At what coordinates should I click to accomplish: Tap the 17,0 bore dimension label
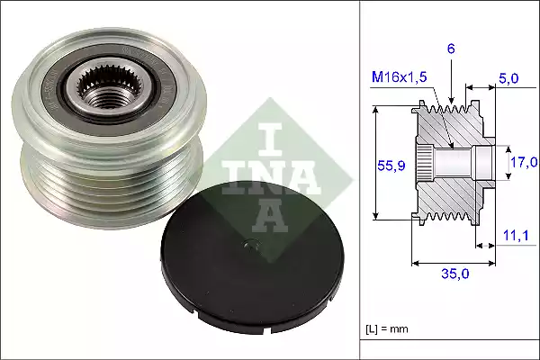(x=524, y=162)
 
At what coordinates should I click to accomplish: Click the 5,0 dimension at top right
(x=508, y=79)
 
